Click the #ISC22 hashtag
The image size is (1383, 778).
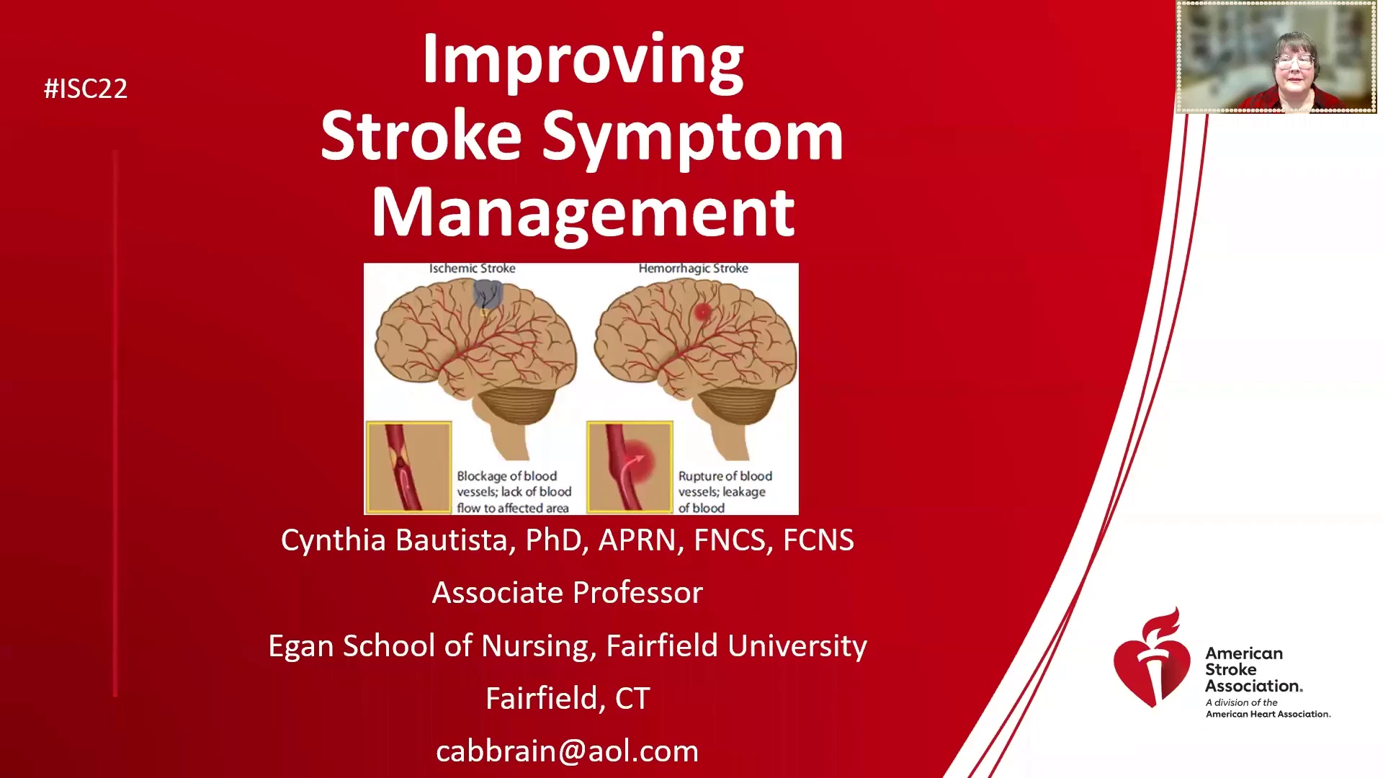tap(86, 89)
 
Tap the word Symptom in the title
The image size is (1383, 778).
tap(692, 139)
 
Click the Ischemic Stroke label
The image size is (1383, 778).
tap(473, 268)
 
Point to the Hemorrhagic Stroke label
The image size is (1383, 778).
tap(693, 269)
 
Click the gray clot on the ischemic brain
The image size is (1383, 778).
tap(488, 294)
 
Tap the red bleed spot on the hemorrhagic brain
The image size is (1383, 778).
tap(702, 312)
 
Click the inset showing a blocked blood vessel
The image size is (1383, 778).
tap(409, 467)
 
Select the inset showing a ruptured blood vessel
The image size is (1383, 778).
tap(630, 467)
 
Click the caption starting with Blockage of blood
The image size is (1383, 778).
tap(514, 492)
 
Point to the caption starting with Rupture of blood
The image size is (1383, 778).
tap(725, 492)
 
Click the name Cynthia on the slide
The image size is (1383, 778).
tap(334, 540)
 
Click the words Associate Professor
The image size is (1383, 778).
tap(568, 593)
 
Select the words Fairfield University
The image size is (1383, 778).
tap(736, 645)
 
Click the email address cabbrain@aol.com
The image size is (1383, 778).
tap(568, 751)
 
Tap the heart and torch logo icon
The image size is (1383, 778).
tap(1151, 658)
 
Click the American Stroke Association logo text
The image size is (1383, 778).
tap(1254, 669)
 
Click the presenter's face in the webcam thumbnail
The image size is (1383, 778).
tap(1294, 63)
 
